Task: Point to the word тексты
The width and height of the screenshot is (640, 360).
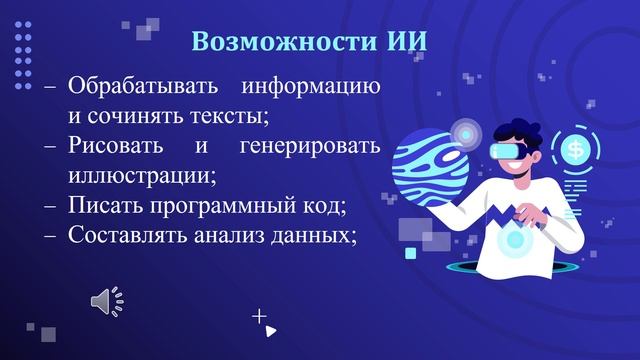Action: pos(235,116)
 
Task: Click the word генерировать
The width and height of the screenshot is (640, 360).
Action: pos(310,146)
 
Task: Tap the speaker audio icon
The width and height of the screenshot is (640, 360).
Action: pos(106,301)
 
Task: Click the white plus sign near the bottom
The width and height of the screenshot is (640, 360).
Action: pos(260,316)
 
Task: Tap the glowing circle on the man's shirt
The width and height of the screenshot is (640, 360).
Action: pos(515,240)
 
